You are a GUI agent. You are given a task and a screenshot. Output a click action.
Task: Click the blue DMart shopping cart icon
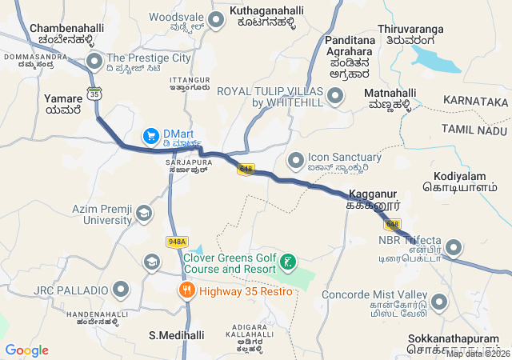tap(150, 137)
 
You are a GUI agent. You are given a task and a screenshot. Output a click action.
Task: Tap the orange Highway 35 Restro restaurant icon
tap(187, 290)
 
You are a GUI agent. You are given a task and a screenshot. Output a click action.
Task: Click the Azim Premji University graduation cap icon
tap(144, 213)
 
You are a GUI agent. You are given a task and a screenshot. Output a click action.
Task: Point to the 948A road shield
tap(177, 242)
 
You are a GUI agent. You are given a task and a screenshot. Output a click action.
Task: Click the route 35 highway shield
tap(95, 94)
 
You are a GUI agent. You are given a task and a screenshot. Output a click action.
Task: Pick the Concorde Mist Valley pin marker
tap(438, 302)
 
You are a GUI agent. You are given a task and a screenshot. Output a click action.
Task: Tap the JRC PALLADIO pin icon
tap(121, 288)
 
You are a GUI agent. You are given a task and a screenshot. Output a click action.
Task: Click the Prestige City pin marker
tap(94, 60)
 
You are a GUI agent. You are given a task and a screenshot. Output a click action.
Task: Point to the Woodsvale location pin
tap(215, 18)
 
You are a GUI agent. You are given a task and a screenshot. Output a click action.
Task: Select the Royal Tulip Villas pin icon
tap(334, 97)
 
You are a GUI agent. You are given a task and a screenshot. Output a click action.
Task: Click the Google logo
tap(26, 350)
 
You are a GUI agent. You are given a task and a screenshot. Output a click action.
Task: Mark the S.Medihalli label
tap(177, 335)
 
